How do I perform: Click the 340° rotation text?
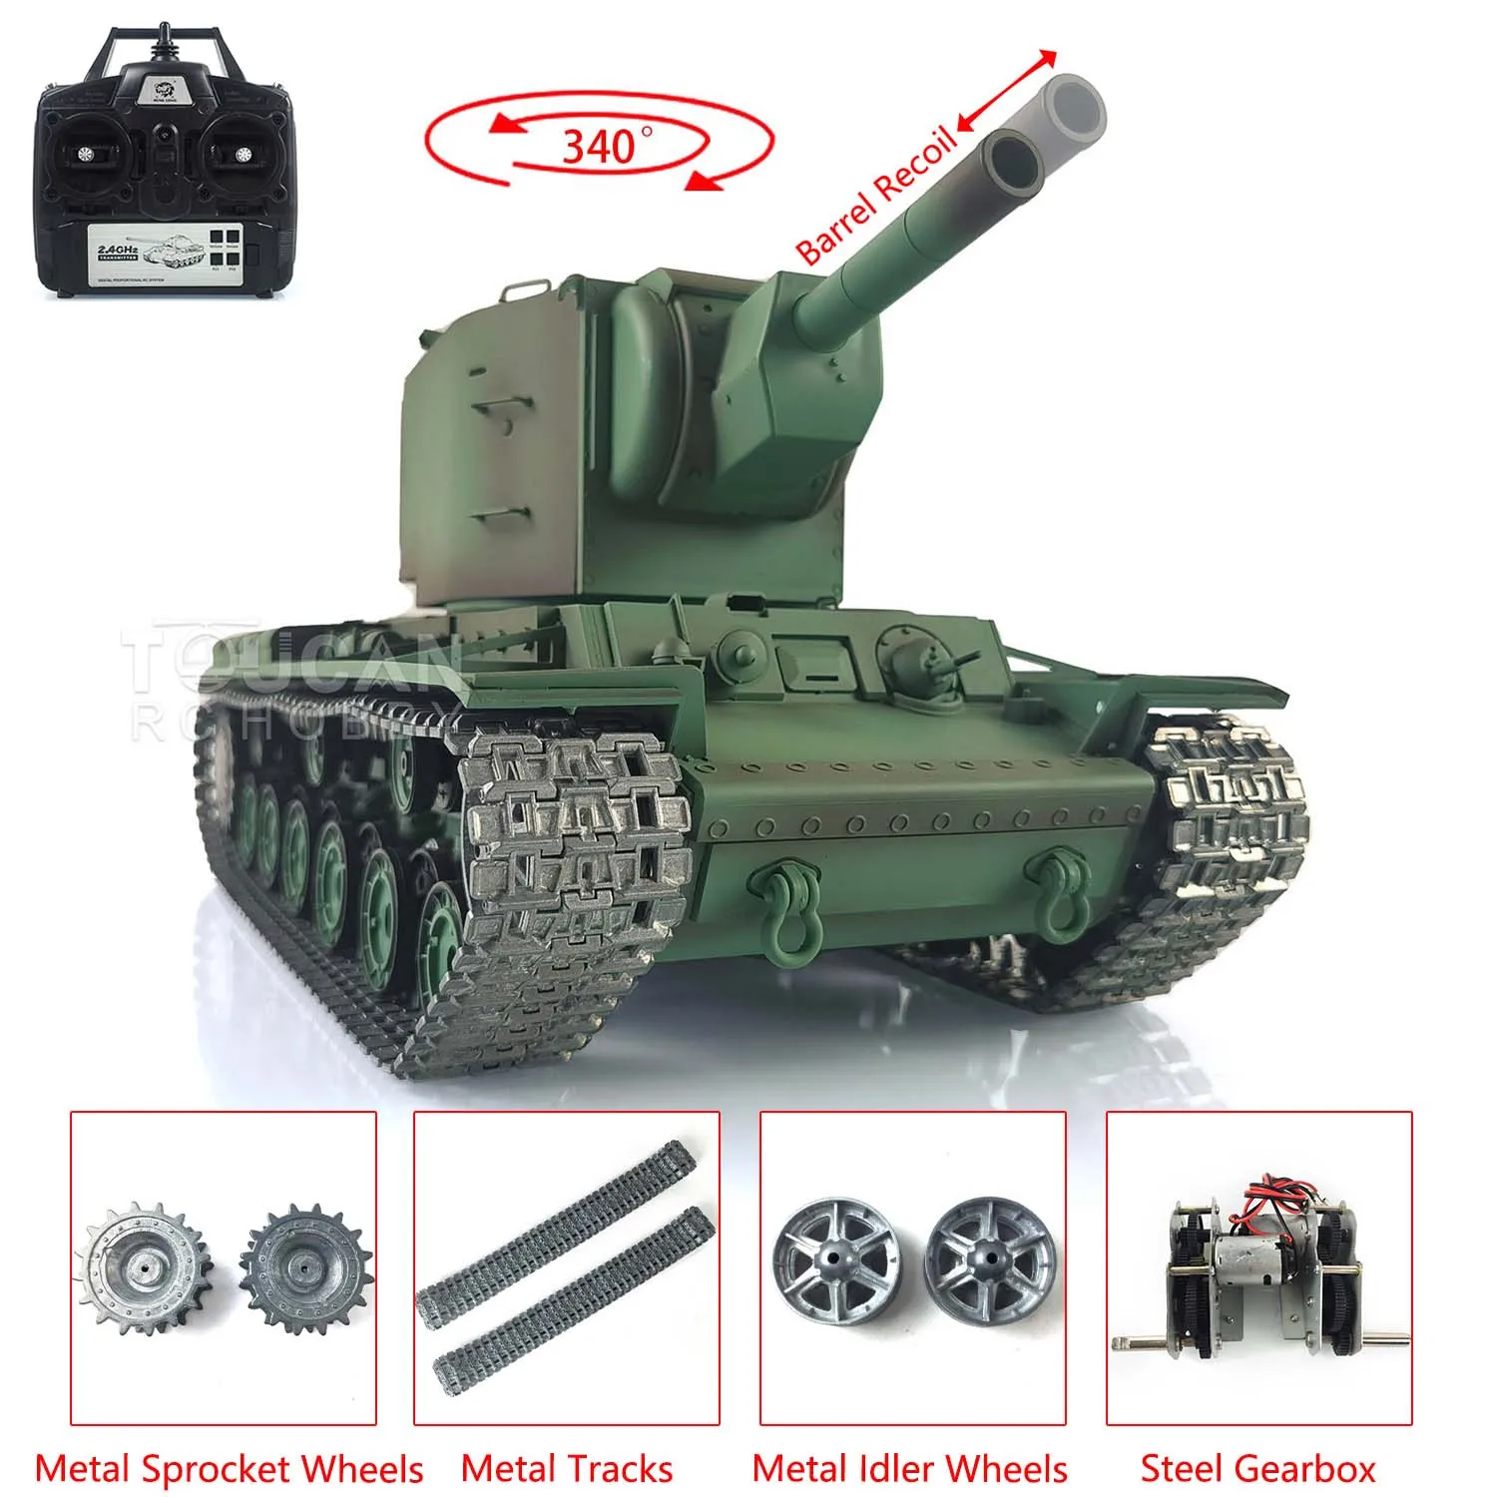point(599,147)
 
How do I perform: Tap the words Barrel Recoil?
point(875,197)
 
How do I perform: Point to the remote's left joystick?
point(84,153)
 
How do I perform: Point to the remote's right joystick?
point(242,153)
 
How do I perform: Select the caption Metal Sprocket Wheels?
point(229,1469)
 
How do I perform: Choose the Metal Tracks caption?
point(567,1469)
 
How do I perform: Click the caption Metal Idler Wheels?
point(910,1469)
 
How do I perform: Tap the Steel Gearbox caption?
point(1257,1469)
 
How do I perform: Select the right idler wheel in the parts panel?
point(983,1265)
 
